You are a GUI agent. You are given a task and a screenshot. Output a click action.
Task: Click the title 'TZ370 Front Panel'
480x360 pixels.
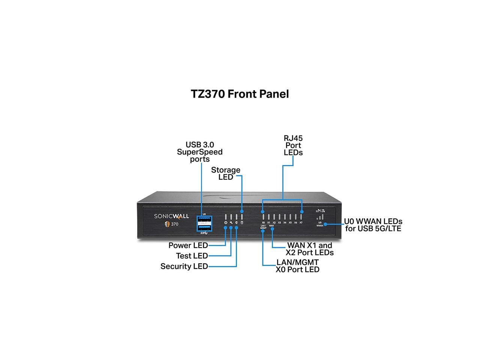240,94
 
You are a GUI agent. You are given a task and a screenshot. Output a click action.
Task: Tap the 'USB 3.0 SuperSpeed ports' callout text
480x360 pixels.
200,152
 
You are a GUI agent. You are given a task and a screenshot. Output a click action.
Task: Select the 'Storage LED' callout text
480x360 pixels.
226,173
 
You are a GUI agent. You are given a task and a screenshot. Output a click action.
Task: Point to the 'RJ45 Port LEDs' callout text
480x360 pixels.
293,145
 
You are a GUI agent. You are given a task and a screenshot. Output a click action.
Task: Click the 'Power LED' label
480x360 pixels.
188,246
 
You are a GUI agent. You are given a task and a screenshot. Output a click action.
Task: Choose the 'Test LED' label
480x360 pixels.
192,256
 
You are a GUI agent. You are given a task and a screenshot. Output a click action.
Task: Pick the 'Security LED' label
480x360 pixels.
184,267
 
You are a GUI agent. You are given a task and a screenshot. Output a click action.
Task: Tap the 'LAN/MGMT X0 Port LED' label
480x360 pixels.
297,266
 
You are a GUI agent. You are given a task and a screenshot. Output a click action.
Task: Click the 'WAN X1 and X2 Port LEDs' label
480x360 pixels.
309,249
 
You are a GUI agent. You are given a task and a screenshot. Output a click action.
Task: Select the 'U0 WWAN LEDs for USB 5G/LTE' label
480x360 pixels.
373,225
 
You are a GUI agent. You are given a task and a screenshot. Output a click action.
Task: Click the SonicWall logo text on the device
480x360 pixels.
172,216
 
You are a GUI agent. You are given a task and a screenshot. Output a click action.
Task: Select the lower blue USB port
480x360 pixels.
204,228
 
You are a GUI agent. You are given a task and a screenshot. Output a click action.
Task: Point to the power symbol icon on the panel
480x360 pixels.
225,223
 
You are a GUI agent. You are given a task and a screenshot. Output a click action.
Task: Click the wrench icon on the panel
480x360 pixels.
231,223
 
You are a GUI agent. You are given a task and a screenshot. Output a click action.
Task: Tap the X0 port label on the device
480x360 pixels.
263,223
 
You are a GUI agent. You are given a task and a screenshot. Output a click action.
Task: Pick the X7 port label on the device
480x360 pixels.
301,223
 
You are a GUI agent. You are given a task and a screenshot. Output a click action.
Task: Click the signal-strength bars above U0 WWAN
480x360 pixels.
320,217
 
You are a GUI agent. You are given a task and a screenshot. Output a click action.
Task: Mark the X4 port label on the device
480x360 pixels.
285,223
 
